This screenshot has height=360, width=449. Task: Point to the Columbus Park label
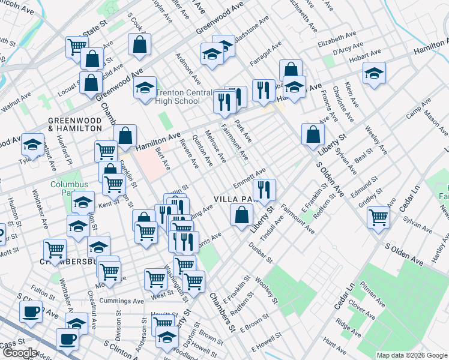click(x=65, y=189)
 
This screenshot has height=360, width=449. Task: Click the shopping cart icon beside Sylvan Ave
click(x=379, y=216)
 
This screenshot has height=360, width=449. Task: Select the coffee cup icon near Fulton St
click(x=31, y=311)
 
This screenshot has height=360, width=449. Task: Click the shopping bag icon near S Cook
click(x=139, y=43)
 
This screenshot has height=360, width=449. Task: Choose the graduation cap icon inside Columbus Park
click(x=83, y=201)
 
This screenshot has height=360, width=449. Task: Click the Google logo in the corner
click(x=20, y=353)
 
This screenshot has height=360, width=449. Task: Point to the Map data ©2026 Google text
click(x=411, y=355)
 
